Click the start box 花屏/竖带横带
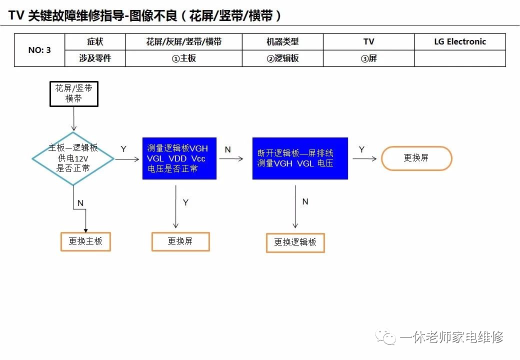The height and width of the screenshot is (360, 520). tap(74, 93)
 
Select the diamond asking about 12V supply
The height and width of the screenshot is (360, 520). tap(73, 158)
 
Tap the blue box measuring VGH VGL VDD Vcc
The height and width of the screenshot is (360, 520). tap(179, 158)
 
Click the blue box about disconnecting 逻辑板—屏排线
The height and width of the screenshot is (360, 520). tap(300, 158)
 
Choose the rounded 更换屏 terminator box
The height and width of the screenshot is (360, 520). tap(416, 158)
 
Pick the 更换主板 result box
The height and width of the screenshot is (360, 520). tap(85, 241)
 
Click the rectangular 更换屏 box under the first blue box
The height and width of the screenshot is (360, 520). tap(180, 241)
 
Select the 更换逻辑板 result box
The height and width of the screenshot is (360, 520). tap(295, 242)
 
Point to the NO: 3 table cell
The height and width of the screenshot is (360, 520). tap(39, 50)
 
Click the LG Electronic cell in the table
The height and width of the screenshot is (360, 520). tap(460, 42)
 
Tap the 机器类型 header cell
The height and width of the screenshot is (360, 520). tap(282, 42)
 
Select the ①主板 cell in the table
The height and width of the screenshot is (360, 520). tap(183, 58)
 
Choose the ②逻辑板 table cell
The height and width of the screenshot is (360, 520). tap(282, 58)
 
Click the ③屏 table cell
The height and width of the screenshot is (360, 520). tap(368, 58)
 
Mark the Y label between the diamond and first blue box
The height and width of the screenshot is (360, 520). tap(123, 149)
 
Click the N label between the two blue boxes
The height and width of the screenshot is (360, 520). tap(227, 149)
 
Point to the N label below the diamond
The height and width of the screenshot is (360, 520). tap(80, 203)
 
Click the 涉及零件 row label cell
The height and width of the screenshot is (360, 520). tap(95, 58)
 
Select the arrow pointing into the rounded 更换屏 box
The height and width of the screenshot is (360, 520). tap(365, 158)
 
